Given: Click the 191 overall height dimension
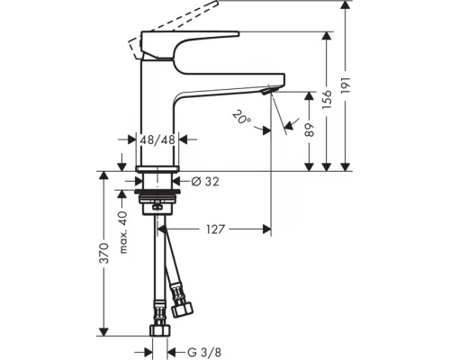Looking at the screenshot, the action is (x=346, y=85).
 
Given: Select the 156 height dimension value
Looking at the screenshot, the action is (x=327, y=99).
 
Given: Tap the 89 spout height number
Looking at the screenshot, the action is (x=310, y=130).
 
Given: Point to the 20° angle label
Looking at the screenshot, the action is (x=242, y=118).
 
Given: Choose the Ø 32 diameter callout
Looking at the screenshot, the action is (x=205, y=181).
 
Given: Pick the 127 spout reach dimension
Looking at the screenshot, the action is (x=215, y=229).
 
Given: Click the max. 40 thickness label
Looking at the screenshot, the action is (x=123, y=232).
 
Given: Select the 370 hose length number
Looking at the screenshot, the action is (x=104, y=254).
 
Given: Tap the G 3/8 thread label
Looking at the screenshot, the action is (x=204, y=352).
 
